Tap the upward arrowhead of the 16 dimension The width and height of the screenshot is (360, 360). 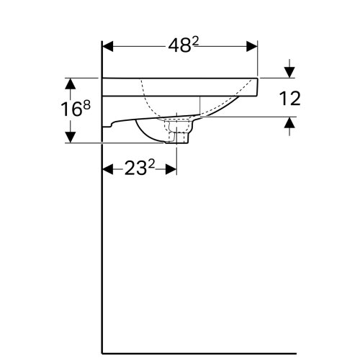(71, 83)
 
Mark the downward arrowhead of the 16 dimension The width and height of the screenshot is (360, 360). (71, 137)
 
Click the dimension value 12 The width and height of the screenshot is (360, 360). (289, 98)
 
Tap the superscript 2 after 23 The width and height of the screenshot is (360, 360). (154, 164)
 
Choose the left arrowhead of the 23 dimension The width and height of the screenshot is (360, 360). (108, 170)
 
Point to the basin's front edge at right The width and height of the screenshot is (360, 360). (257, 83)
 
